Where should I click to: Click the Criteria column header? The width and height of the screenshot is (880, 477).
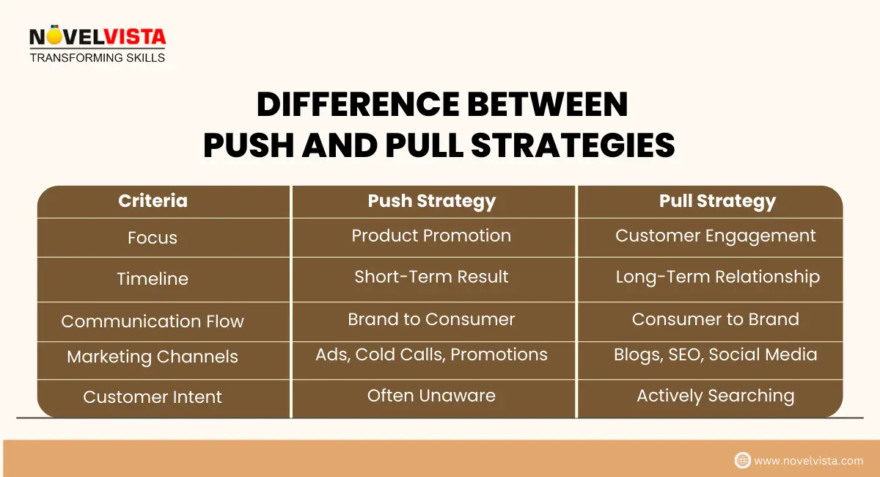point(153,201)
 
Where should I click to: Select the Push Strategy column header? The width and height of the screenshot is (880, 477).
point(432,202)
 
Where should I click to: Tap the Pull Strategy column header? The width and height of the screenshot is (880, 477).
point(717,202)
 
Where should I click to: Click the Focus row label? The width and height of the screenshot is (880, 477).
point(153,238)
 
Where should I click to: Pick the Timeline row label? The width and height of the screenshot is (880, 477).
point(153,279)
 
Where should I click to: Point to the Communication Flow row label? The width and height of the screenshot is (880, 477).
point(153,321)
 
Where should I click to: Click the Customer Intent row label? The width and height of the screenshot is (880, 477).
point(153,397)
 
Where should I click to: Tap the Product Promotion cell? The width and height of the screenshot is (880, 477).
point(431,236)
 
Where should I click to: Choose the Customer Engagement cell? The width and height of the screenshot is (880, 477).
point(716,236)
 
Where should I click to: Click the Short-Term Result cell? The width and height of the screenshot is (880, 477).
point(431,277)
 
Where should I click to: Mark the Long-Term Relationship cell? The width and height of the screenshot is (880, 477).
point(718,277)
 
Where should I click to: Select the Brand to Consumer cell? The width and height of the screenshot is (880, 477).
point(431,319)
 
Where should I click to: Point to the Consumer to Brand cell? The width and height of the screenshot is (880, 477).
point(716,319)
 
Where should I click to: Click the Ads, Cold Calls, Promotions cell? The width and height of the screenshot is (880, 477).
point(431,354)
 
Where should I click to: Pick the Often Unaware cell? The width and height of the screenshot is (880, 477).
point(431,396)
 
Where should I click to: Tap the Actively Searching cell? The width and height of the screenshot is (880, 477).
point(716,396)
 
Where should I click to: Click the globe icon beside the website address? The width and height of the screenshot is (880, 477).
point(742,460)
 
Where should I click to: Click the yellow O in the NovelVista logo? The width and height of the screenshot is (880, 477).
point(54,35)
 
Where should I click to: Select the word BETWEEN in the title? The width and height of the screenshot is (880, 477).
point(547,105)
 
